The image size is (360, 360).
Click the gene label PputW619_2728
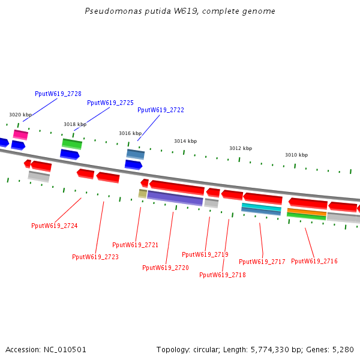coord(58,94)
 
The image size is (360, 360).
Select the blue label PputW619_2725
coord(110,103)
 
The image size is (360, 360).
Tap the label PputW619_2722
coord(161,110)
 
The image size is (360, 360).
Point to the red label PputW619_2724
coord(55,226)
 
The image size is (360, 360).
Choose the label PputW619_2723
coord(95,257)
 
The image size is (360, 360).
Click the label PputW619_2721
coord(135,245)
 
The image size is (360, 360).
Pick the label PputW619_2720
coord(166,268)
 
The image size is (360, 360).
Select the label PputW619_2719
coord(205,254)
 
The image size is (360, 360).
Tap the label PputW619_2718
coord(223,275)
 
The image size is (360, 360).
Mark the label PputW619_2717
coord(262,262)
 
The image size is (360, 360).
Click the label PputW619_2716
coord(314,261)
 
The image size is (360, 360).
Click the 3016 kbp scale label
coord(130,133)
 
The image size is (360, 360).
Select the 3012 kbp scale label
coord(241,148)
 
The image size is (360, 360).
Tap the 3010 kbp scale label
coord(296,155)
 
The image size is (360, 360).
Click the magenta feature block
coord(20,134)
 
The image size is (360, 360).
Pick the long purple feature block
coord(175,198)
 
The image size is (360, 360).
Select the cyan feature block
coord(262,207)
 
